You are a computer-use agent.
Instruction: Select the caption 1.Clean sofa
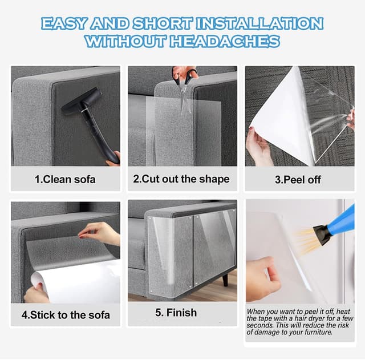pos(65,179)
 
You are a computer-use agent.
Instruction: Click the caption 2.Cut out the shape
pos(181,179)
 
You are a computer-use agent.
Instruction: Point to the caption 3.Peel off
pos(298,179)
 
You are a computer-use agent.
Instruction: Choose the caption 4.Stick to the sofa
pos(66,314)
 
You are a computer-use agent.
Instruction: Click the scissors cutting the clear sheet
pos(184,80)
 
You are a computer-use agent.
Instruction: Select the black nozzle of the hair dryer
pos(322,234)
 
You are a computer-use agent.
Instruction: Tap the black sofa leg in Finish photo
pos(225,280)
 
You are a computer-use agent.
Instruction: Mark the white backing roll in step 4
pos(74,282)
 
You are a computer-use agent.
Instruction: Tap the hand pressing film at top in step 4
pos(101,232)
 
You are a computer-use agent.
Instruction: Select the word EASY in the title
pos(63,23)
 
